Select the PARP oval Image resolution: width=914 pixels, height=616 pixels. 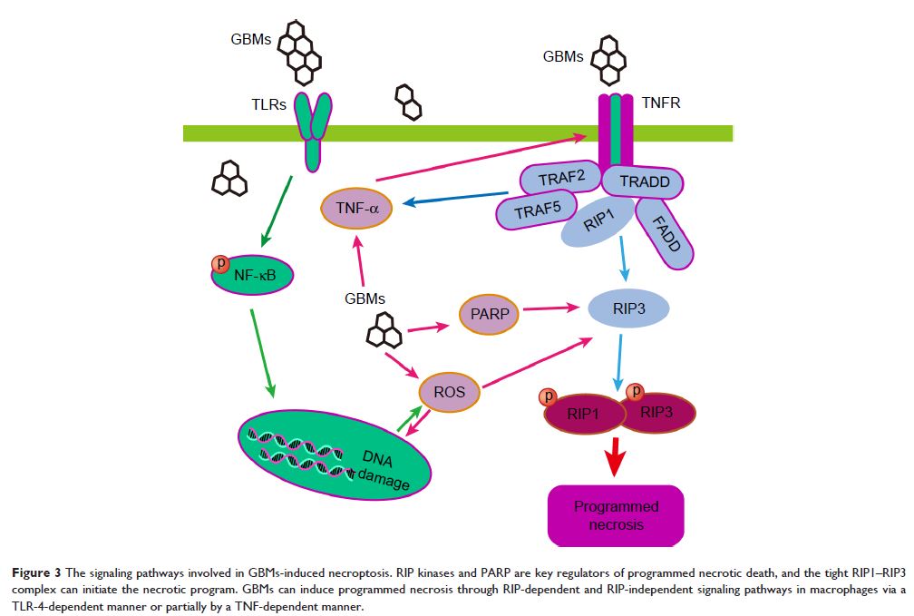point(488,314)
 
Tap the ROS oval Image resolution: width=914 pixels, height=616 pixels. point(450,392)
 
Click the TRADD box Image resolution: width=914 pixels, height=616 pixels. point(643,181)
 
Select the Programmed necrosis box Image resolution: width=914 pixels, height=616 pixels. point(617,515)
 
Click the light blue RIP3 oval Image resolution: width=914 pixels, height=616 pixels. point(629,308)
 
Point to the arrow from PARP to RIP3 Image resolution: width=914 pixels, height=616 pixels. point(550,308)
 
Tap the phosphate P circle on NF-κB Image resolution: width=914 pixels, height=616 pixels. point(220,264)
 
